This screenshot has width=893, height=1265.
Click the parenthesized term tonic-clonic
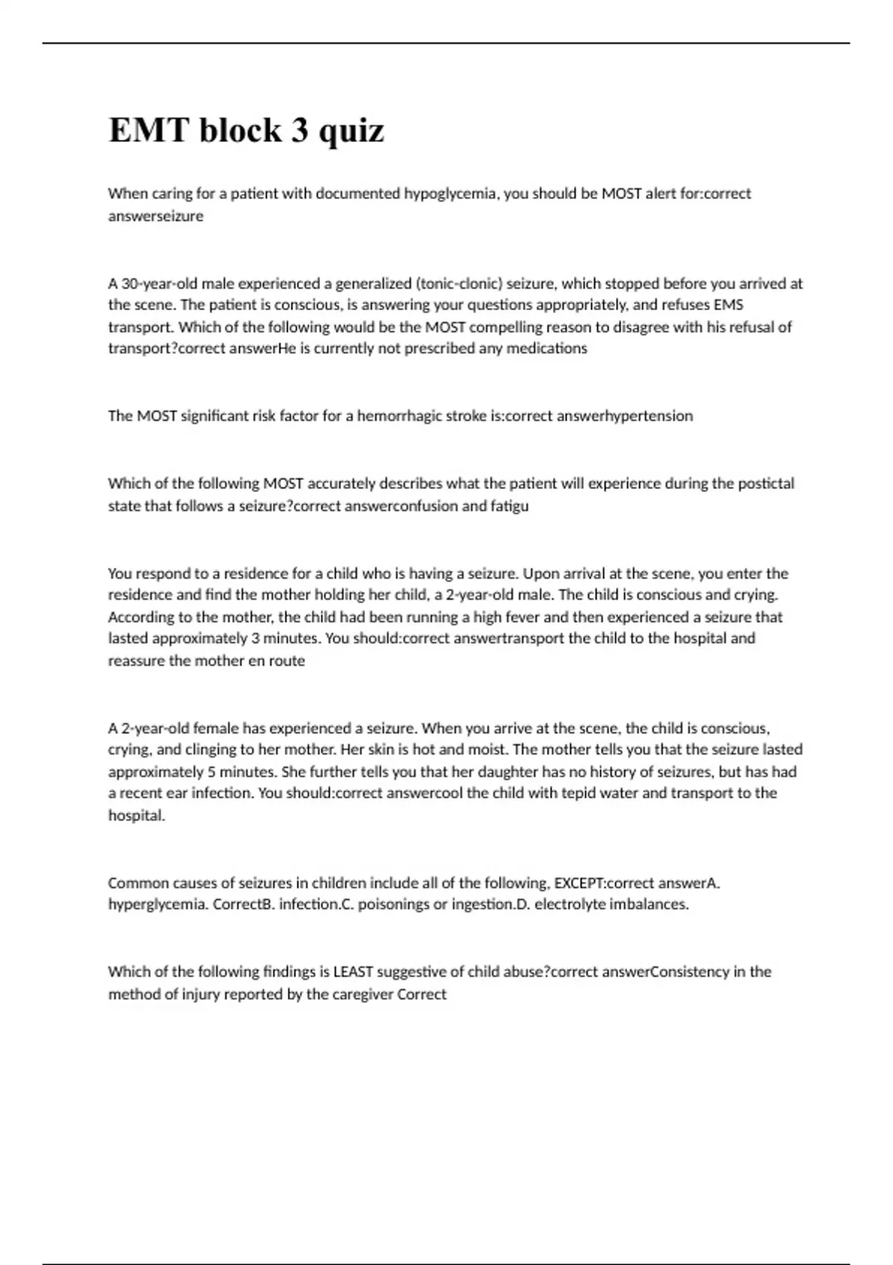click(x=459, y=284)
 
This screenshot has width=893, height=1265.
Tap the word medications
click(x=547, y=348)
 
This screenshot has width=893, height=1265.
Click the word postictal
click(x=766, y=484)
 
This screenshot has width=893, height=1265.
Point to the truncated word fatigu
click(x=510, y=506)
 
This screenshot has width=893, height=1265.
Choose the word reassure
click(x=136, y=661)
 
